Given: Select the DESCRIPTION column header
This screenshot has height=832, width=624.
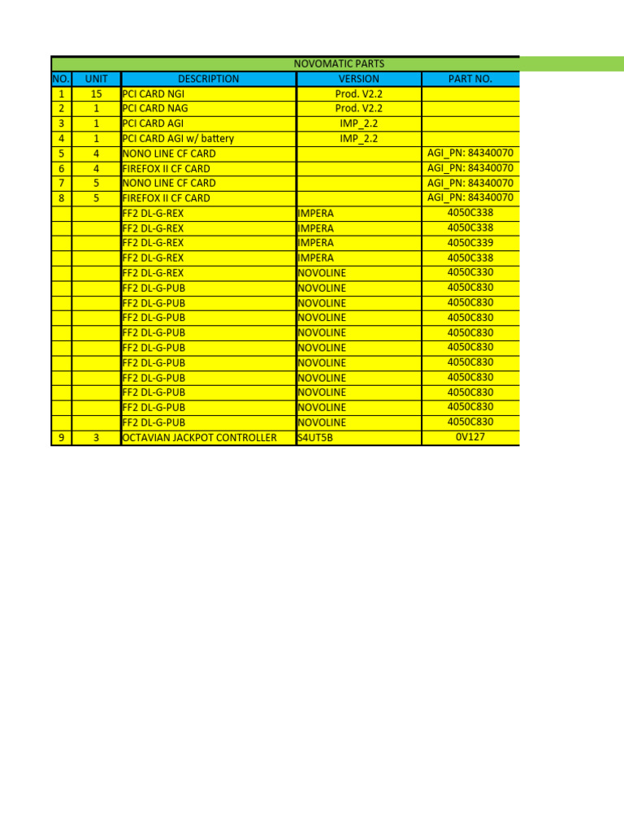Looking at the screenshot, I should pos(208,79).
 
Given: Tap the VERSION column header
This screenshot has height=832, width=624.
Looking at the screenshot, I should pos(358,79).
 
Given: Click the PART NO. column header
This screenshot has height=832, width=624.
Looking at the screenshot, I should pos(470,79).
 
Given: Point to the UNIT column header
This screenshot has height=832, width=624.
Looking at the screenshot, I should pos(96,79).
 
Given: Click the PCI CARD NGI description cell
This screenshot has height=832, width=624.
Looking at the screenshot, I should pos(154,93).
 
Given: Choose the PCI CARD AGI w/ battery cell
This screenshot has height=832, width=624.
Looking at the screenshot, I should pos(178,138).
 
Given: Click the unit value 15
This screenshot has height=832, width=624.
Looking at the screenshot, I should pos(96,93).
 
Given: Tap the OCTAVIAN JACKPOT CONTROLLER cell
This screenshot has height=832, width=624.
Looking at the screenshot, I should pos(199,438).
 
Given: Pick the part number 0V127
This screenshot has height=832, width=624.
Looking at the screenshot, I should pos(470,437).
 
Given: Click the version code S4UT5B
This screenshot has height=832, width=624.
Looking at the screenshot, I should pos(315,438).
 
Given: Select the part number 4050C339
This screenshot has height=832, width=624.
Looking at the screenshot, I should pos(470,242).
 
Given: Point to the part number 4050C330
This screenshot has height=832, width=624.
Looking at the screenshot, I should pos(470,272).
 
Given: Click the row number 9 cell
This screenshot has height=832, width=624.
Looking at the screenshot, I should pos(61,438).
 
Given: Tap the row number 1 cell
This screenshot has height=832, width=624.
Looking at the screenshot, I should pos(61,93).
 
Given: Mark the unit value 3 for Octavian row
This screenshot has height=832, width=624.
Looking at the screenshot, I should pos(96,438).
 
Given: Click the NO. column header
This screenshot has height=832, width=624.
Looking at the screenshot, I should pos(61,79).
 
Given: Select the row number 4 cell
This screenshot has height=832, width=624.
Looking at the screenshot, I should pos(61,138).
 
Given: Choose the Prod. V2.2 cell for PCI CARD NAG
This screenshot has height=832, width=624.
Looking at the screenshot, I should pos(358,108).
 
